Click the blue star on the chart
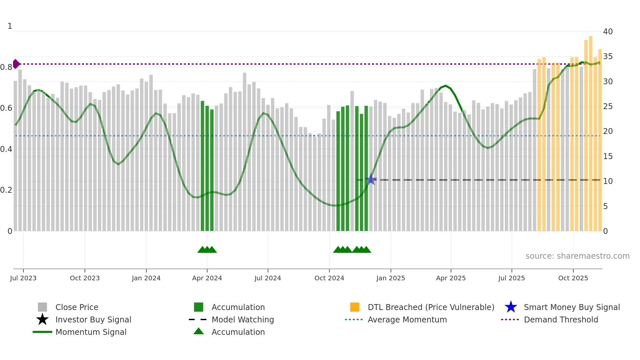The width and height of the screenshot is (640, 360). pos(371,180)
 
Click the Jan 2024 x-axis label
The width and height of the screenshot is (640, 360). pos(146,278)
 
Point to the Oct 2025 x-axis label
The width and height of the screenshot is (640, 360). pos(573,278)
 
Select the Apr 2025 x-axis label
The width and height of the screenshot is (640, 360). pos(451,278)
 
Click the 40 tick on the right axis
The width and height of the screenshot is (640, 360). pos(608,32)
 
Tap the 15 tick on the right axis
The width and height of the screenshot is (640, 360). pos(608,156)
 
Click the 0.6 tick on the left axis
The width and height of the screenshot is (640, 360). pos(6,108)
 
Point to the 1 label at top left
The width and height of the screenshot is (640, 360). pos(10,26)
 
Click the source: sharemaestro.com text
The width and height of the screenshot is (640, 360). pos(577,256)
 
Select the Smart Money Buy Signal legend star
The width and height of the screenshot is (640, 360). pos(511,307)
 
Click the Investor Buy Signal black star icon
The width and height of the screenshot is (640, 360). pos(42,319)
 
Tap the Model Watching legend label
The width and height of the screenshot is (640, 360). pos(243,319)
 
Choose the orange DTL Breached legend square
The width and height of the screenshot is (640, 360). pos(355,307)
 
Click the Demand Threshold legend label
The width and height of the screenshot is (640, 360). pos(561,319)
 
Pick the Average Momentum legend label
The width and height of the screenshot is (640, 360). pos(407,319)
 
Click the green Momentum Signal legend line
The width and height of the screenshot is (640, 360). pos(42,332)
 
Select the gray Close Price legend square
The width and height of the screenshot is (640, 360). pos(42,307)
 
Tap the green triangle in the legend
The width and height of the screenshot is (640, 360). pos(199,332)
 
